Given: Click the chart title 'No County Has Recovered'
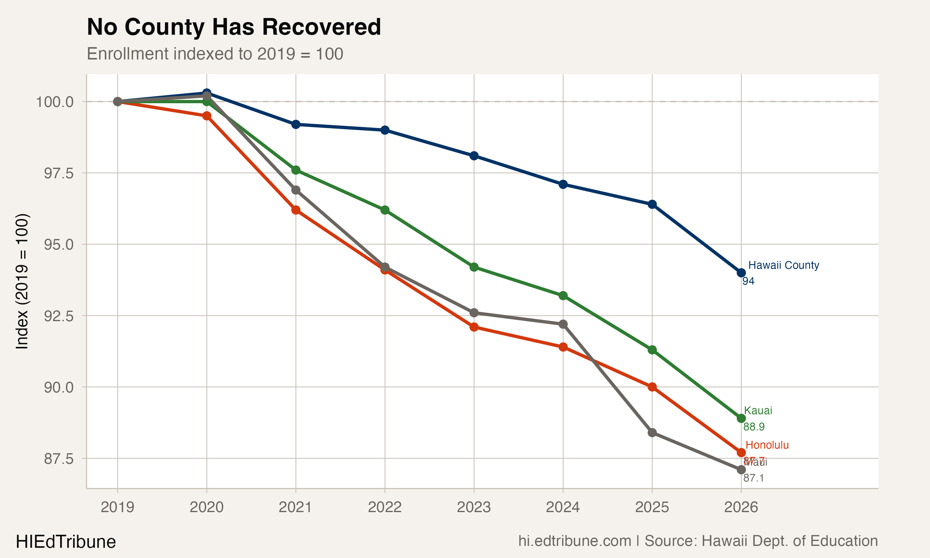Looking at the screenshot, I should pyautogui.click(x=234, y=27).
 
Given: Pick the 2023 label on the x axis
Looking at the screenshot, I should pyautogui.click(x=474, y=507).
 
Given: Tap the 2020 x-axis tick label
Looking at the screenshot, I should pyautogui.click(x=206, y=507).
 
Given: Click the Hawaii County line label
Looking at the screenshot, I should pyautogui.click(x=783, y=265).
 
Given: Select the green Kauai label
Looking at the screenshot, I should pyautogui.click(x=758, y=411).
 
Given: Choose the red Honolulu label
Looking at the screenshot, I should pyautogui.click(x=767, y=445).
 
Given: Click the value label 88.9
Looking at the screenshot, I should pyautogui.click(x=754, y=427).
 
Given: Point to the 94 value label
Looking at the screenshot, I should pyautogui.click(x=748, y=281).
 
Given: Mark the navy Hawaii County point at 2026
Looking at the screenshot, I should pyautogui.click(x=741, y=272).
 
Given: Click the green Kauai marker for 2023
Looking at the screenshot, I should pyautogui.click(x=474, y=267).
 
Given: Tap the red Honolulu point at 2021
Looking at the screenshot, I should pyautogui.click(x=296, y=210).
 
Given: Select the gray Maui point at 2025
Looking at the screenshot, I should pyautogui.click(x=652, y=432).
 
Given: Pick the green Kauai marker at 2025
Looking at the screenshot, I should pyautogui.click(x=652, y=350).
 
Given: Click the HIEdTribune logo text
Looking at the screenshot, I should pyautogui.click(x=66, y=542).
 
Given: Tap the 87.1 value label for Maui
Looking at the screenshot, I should pyautogui.click(x=753, y=478).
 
